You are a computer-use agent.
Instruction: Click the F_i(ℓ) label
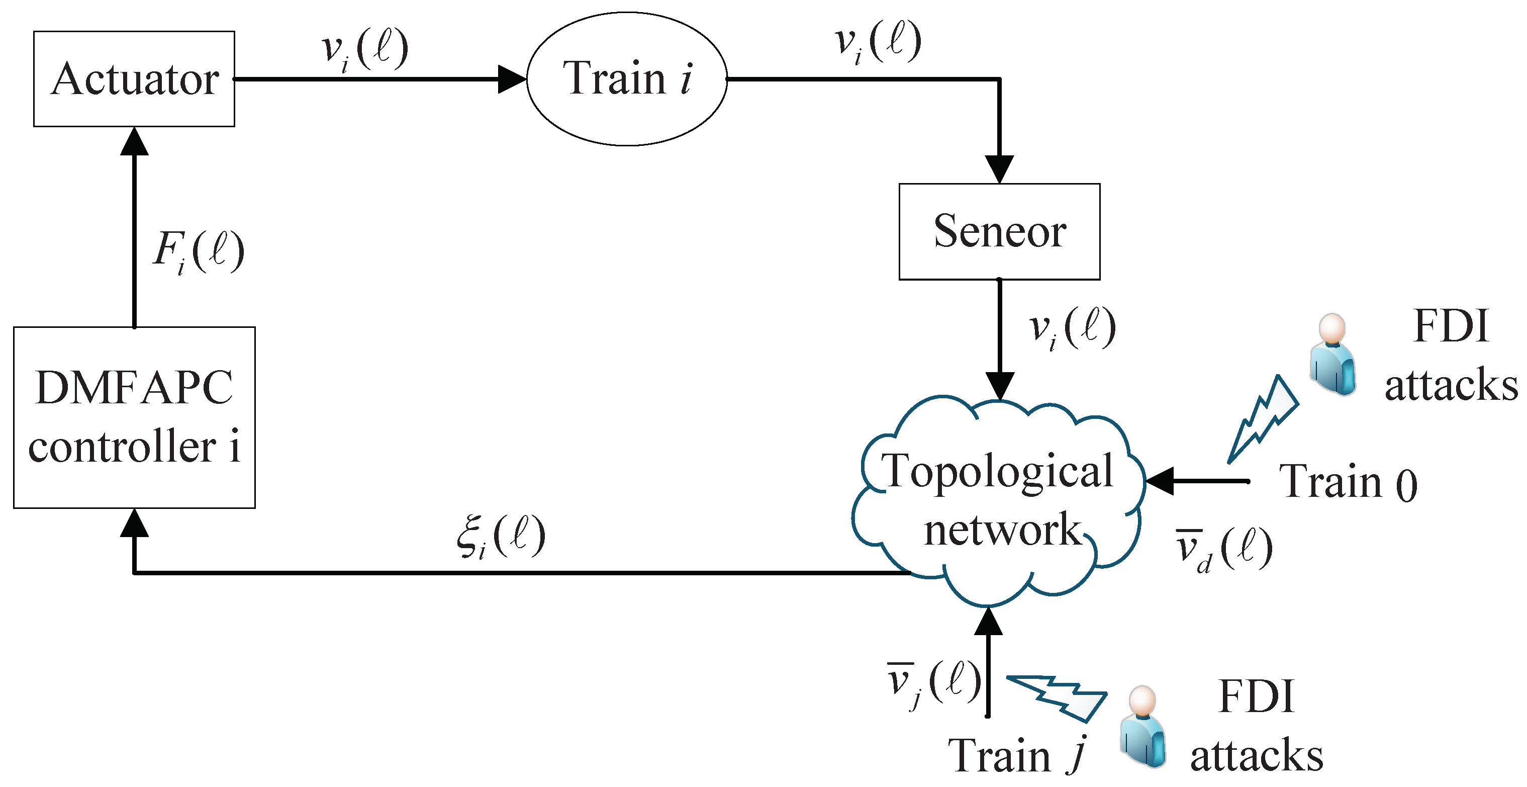(x=199, y=251)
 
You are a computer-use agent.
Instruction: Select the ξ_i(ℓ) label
(x=502, y=536)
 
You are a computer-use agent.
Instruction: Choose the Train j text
(x=1017, y=755)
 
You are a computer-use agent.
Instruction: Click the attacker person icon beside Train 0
(x=1332, y=354)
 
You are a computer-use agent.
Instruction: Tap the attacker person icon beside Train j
(x=1143, y=727)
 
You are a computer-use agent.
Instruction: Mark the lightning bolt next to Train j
(x=1057, y=698)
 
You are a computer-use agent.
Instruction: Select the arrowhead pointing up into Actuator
(x=134, y=141)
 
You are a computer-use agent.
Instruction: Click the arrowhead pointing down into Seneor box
(x=999, y=169)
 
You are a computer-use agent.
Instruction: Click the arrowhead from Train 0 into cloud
(x=1160, y=481)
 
